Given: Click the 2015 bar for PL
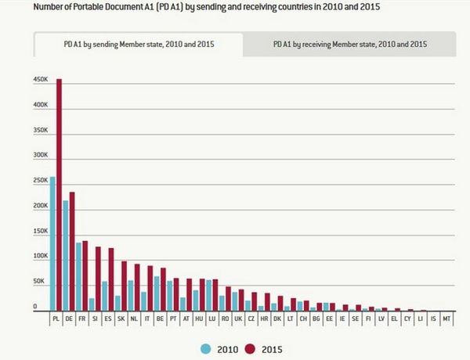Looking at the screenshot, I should point(60,196).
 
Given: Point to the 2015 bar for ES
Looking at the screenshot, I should point(111,280).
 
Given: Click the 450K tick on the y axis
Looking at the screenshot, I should point(41,80).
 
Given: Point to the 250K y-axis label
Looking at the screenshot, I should point(41,181).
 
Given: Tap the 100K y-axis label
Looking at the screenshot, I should point(41,257).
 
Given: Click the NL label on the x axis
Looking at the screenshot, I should point(134,319).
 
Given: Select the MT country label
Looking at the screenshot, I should point(446,319).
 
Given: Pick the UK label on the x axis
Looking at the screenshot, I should point(238,319).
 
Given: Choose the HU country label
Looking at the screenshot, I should point(199,319).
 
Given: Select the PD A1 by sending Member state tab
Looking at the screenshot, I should point(139,45).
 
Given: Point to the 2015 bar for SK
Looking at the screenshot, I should point(124,286).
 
